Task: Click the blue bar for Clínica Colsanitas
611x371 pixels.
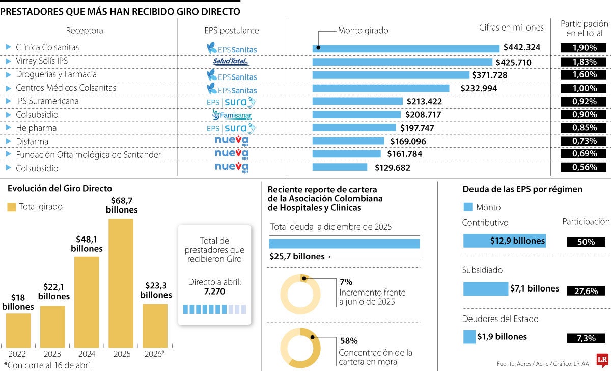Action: tap(406, 48)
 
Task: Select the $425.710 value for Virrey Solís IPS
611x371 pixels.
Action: tap(517, 62)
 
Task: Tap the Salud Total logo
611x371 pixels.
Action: tap(231, 62)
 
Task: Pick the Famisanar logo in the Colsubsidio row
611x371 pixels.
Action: tap(232, 115)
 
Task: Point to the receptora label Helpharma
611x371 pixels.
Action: tap(36, 128)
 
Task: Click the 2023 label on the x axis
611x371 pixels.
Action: tap(52, 354)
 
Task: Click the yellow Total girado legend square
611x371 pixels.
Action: tap(12, 207)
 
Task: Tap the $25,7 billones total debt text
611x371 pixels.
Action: tap(297, 256)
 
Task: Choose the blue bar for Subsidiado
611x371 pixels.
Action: tap(485, 289)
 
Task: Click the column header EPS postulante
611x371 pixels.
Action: tap(232, 31)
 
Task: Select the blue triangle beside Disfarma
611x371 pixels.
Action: tap(8, 141)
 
